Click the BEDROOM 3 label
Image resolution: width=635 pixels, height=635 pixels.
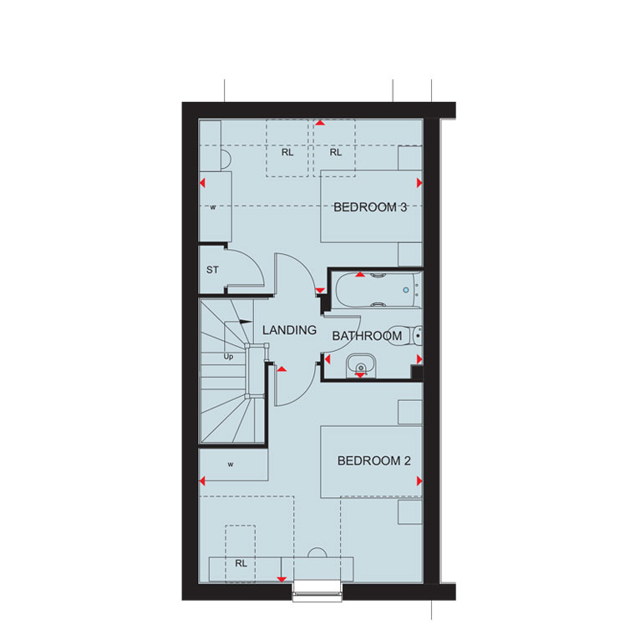(x=370, y=207)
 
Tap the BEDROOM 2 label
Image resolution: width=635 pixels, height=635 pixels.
(x=373, y=461)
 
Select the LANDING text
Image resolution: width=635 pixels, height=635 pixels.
(x=289, y=330)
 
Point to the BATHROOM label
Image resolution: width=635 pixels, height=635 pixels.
(x=367, y=336)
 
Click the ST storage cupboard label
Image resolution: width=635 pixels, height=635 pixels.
(x=212, y=270)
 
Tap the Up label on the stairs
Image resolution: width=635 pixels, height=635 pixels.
(x=228, y=357)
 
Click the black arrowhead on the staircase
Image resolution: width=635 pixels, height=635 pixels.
(x=246, y=322)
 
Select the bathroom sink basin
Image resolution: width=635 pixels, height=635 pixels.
(x=361, y=366)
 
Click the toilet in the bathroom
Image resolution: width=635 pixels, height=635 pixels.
(x=405, y=336)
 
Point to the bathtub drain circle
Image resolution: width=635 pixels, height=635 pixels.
(x=406, y=291)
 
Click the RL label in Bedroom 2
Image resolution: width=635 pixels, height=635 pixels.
(x=241, y=563)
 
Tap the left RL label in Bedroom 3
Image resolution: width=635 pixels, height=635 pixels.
(x=287, y=153)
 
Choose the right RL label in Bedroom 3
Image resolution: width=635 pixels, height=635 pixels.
(x=335, y=153)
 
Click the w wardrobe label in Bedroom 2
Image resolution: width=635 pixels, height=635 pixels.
(x=231, y=465)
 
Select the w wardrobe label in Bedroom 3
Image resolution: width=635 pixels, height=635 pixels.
(x=213, y=207)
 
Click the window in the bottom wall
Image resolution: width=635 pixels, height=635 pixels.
(x=317, y=592)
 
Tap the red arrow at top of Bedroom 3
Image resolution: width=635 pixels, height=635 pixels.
(x=320, y=122)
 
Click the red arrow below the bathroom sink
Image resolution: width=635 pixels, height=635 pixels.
(x=360, y=376)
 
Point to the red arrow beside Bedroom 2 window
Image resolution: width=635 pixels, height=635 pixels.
(x=282, y=580)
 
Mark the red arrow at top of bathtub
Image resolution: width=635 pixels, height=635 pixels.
(x=360, y=275)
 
